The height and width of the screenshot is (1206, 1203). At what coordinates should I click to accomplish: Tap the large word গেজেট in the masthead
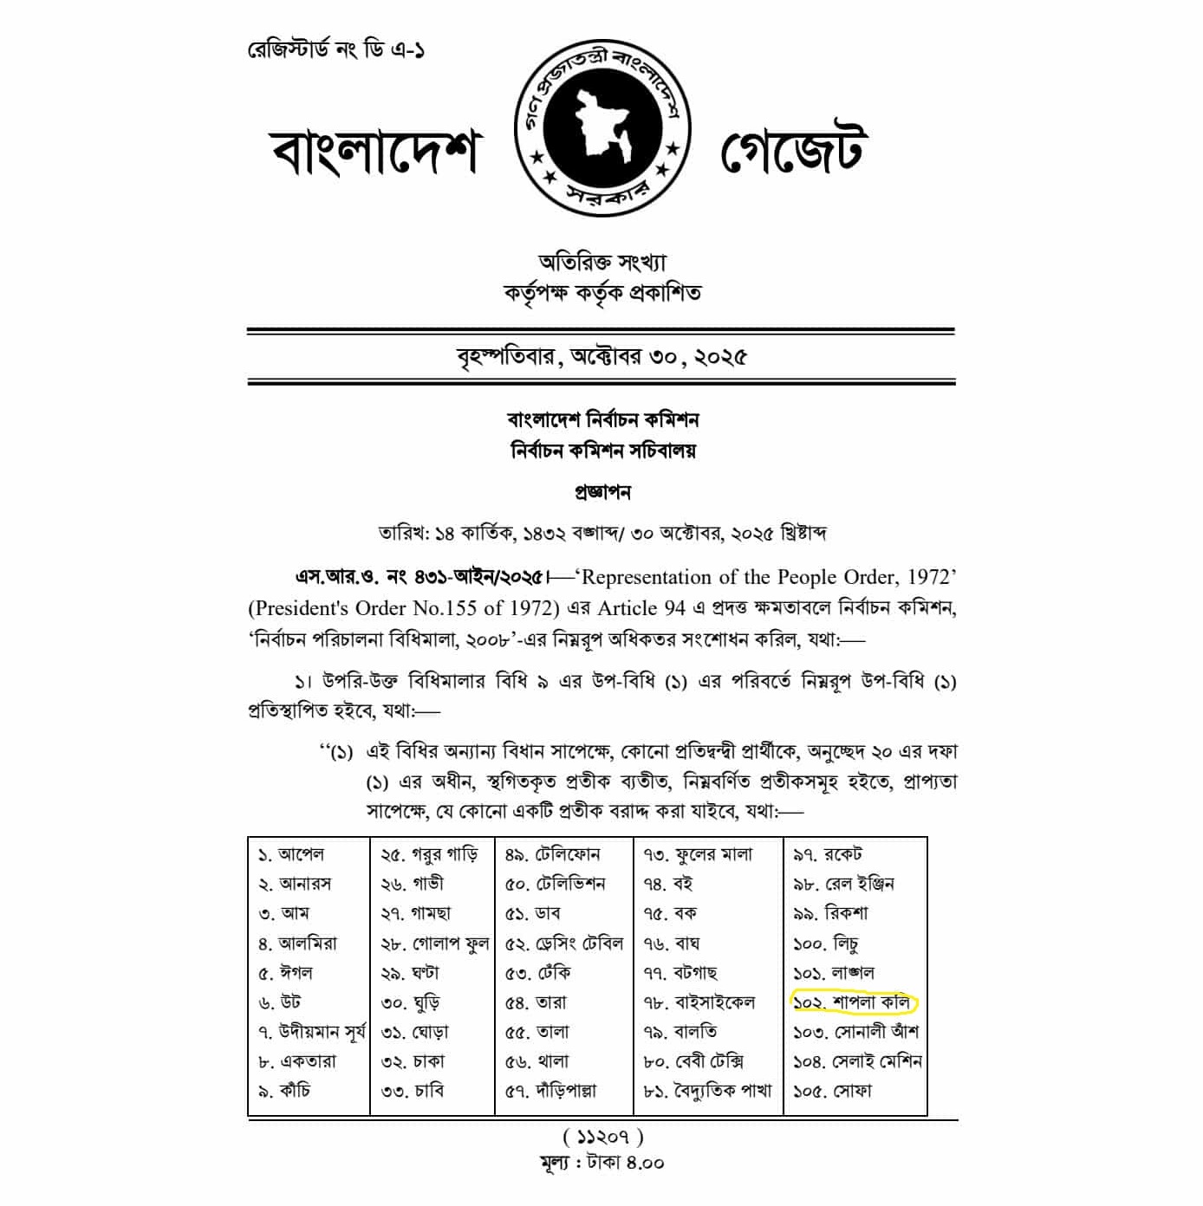[x=793, y=149]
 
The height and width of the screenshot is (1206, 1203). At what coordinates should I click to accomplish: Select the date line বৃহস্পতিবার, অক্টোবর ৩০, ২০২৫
[x=601, y=357]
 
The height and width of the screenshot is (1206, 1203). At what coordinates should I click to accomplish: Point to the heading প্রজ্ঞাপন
[x=602, y=492]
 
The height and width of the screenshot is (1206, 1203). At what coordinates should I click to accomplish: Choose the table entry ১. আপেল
[x=291, y=854]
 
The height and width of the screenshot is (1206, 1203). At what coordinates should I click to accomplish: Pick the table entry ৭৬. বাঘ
[x=672, y=943]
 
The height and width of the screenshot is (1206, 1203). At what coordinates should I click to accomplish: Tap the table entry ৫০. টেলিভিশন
[x=556, y=884]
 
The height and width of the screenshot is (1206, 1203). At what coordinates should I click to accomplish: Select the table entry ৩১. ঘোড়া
[x=415, y=1032]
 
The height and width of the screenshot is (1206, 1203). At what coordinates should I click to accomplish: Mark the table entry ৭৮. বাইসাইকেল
[x=699, y=1002]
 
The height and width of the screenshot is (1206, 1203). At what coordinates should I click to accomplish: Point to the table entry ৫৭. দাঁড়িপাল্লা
[x=550, y=1091]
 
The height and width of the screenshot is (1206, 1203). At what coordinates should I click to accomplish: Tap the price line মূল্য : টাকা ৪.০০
[x=601, y=1163]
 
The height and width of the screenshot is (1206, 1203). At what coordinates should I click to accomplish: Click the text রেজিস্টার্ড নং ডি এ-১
[x=336, y=49]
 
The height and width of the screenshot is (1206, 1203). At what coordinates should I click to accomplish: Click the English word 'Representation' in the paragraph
[x=640, y=577]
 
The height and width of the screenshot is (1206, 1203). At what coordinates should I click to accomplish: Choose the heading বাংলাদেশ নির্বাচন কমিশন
[x=602, y=420]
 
